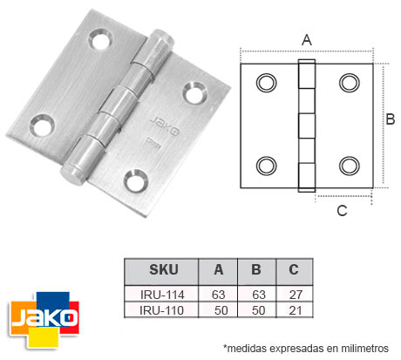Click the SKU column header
(159, 270)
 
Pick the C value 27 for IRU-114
(294, 295)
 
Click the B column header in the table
(255, 270)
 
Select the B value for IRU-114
(255, 295)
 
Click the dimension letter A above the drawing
(306, 39)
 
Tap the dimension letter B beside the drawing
(391, 119)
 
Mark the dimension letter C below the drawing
(342, 210)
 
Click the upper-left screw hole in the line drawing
(265, 82)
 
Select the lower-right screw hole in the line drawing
(349, 165)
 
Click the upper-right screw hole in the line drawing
(349, 82)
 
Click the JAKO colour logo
(42, 315)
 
